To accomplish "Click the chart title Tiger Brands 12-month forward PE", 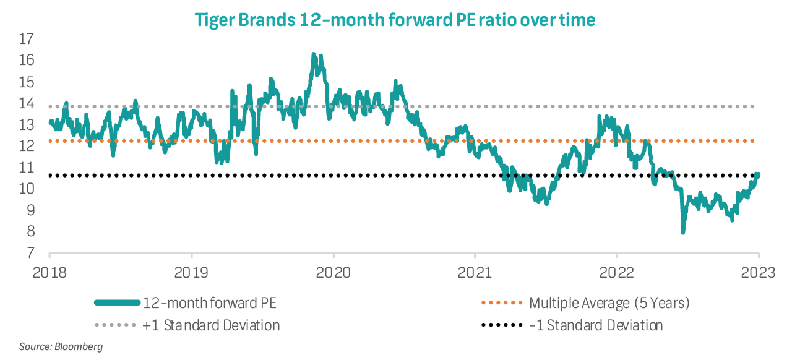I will coord(395,20).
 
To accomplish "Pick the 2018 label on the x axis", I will coord(49,272).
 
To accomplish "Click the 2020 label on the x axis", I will coord(334,272).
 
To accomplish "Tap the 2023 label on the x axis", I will coord(759,272).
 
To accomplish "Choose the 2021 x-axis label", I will coord(475,272).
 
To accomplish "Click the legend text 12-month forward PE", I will coord(210,303).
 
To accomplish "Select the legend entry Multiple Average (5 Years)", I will coord(609,303).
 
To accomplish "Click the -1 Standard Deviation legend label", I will coord(596,325).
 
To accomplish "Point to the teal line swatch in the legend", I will coord(117,303).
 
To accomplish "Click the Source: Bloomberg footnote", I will coord(61,346).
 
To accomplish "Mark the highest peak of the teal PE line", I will coord(314,55).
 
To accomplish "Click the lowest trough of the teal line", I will coord(683,232).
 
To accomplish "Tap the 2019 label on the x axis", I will coord(192,272).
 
